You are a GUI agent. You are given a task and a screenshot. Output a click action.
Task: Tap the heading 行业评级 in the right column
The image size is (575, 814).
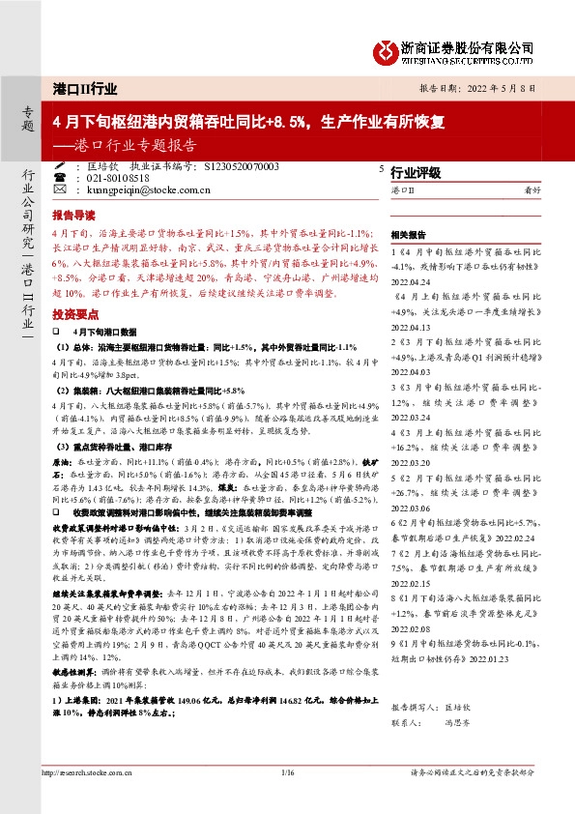[x=416, y=173]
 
